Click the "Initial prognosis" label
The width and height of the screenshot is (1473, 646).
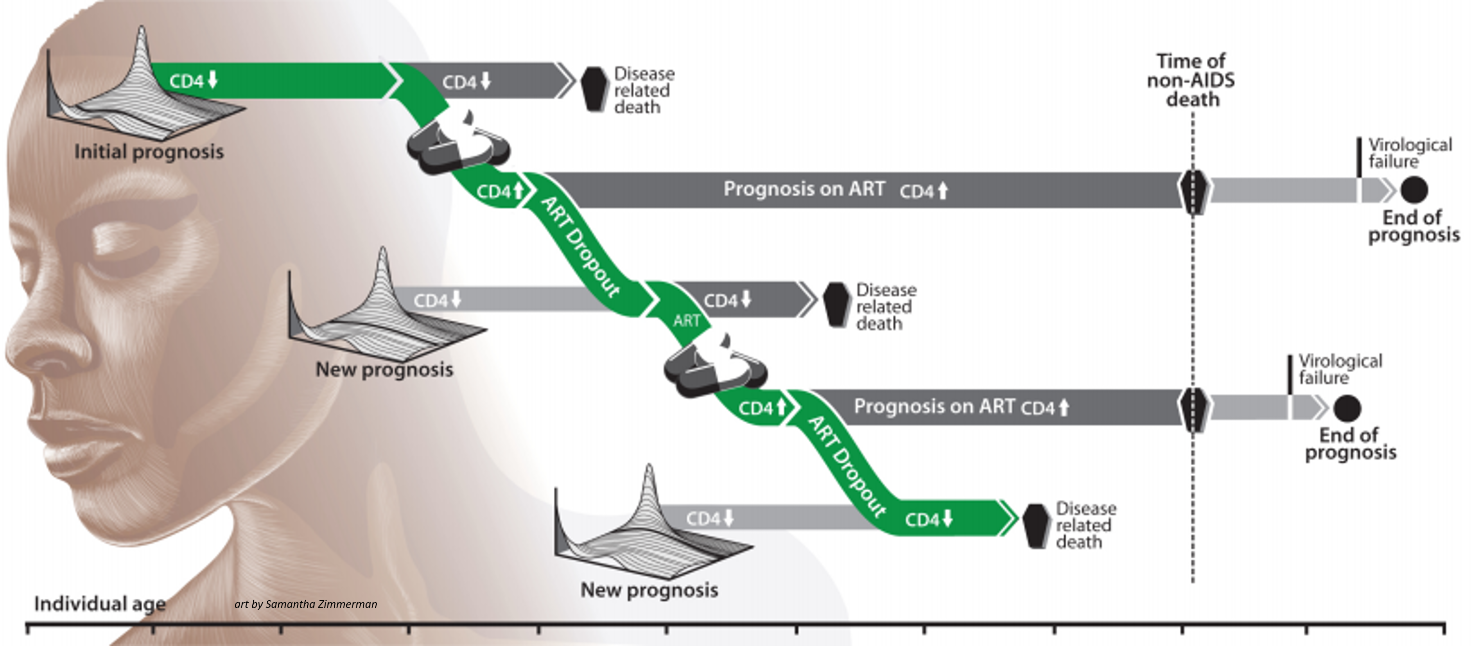(x=149, y=152)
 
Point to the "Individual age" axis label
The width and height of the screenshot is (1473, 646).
(x=100, y=604)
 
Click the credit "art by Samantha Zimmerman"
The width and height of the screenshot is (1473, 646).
(x=305, y=604)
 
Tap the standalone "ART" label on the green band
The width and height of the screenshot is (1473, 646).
(x=686, y=321)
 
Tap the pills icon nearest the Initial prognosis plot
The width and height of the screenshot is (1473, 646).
(x=457, y=143)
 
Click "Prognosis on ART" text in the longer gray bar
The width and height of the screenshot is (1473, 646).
(x=804, y=189)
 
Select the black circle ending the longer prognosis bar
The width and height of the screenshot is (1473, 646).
(x=1414, y=190)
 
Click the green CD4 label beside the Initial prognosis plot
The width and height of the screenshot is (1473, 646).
(x=193, y=81)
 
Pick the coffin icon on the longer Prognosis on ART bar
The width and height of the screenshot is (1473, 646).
(x=1193, y=190)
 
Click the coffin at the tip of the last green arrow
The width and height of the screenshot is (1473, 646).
(x=1036, y=526)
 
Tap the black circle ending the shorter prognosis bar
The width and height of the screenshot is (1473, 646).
(x=1347, y=408)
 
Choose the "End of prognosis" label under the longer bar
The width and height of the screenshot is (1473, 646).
(x=1414, y=227)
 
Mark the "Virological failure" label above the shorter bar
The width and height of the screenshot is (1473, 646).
(x=1340, y=369)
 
